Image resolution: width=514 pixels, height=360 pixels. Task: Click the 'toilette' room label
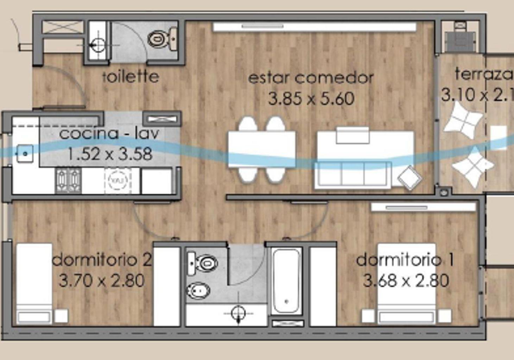(131, 77)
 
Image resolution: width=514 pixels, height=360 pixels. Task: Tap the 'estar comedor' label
(311, 78)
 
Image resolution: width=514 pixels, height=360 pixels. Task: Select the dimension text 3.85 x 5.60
(311, 99)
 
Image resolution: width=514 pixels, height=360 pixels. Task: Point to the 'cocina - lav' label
(109, 133)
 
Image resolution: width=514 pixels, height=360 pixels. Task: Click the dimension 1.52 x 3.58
(109, 154)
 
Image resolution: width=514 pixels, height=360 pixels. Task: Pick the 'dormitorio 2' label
(102, 260)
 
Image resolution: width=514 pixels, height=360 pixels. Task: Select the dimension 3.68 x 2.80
(406, 281)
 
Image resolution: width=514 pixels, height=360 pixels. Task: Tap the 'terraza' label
(484, 74)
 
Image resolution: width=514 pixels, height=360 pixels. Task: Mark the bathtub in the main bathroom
(287, 281)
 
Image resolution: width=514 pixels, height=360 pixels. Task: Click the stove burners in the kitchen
(68, 181)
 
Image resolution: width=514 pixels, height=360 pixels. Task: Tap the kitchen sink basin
(25, 154)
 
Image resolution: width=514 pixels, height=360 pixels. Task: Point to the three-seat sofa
(353, 175)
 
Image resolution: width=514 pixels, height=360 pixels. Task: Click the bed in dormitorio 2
(34, 283)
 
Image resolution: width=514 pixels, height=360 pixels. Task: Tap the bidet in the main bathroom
(198, 291)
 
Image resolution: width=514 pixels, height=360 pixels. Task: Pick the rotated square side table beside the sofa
(410, 178)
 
